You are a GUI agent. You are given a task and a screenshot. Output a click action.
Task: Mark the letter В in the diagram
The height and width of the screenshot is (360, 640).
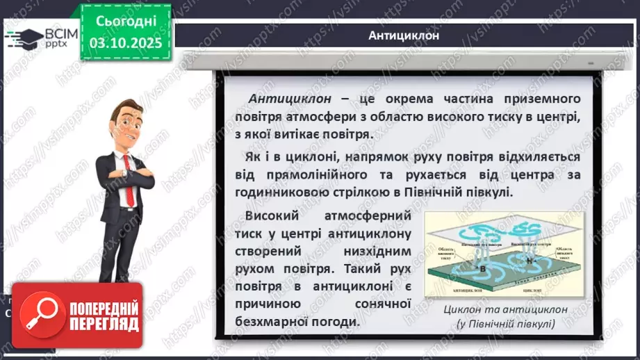tap(479, 265)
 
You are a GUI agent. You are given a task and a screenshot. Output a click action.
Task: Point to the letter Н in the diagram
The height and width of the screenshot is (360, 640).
tap(527, 260)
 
